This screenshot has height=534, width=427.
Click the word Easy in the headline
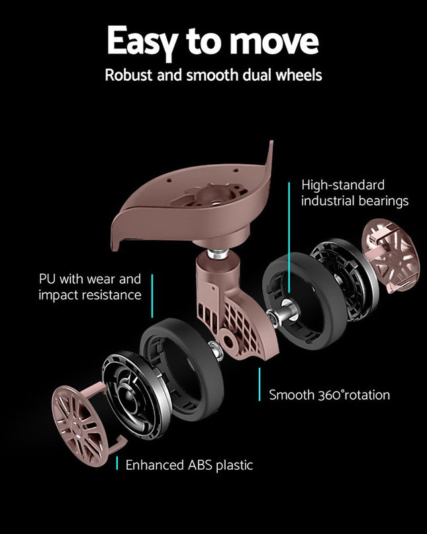[x=141, y=42]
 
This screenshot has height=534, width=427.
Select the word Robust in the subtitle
[x=127, y=75]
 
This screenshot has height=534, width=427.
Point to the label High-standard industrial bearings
[x=354, y=193]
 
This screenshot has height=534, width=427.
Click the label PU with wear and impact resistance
[x=89, y=287]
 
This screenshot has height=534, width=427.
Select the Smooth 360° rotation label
[x=329, y=395]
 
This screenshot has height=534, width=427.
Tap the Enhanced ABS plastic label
[x=189, y=465]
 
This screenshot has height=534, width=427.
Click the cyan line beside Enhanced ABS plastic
[x=117, y=464]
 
